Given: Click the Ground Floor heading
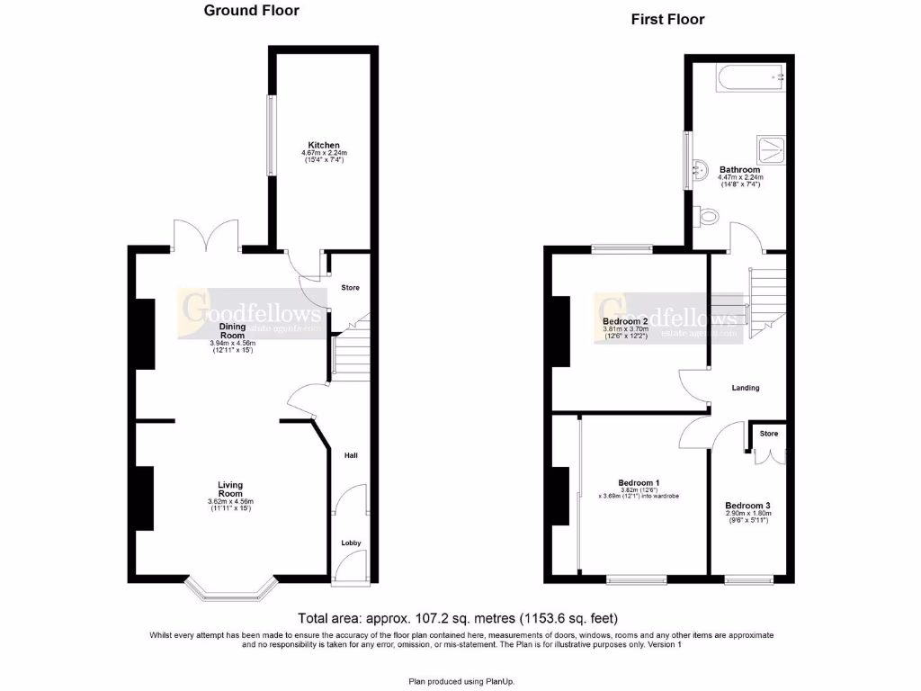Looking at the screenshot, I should coord(251,11).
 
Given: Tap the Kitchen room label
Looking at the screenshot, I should coord(324,145).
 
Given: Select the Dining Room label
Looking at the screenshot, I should coord(232,331).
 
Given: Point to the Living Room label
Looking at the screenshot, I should coord(230,489).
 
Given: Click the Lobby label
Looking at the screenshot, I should coord(350,543).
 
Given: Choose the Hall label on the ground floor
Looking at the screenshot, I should coord(351,456).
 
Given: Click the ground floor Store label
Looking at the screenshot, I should coord(350,288).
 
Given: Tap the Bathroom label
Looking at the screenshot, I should coord(739,169).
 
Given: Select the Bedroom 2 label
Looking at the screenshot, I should coord(625,321).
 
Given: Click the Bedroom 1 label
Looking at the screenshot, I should coord(639,482).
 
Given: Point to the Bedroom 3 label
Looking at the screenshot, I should coord(747,506).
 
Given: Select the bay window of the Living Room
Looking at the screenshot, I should coord(230,589).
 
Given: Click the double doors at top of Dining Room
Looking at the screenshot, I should coord(208,236).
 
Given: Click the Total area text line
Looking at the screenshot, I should coord(459,619).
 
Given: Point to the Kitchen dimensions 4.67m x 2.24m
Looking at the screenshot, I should coord(324,153).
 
